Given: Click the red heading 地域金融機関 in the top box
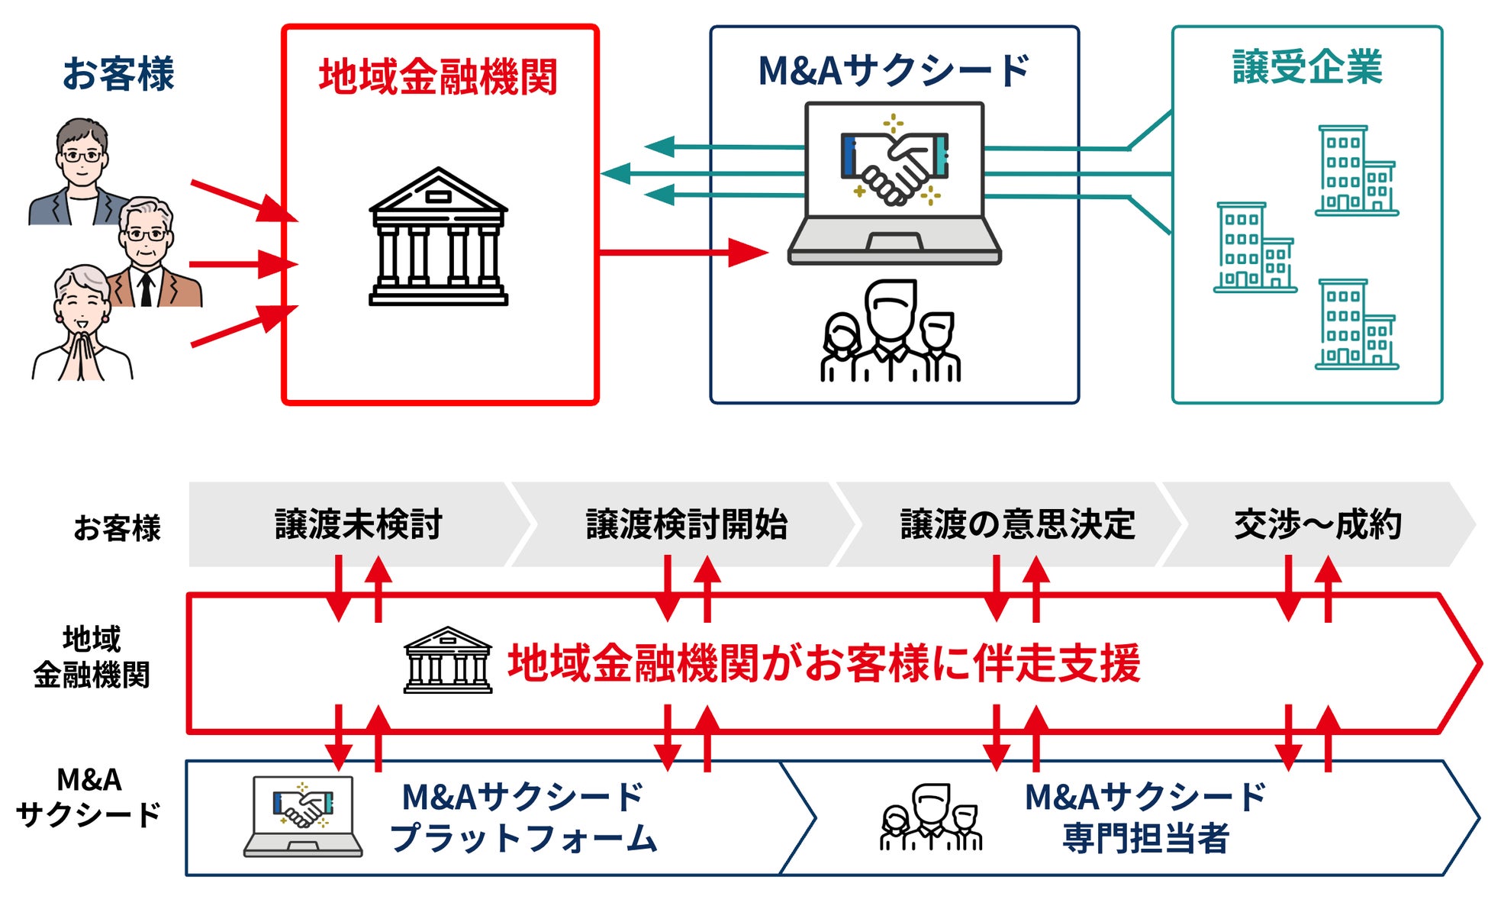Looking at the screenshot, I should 438,77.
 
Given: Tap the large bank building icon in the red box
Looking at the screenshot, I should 438,237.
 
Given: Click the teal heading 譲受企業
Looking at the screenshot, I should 1307,67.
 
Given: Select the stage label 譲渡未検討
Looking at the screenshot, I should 359,524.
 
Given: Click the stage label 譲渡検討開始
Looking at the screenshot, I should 686,524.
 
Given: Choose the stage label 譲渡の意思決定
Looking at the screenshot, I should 1017,524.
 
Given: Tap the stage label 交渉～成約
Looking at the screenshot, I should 1317,524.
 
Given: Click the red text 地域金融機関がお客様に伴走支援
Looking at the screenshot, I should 824,662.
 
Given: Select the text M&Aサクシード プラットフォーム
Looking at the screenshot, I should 523,817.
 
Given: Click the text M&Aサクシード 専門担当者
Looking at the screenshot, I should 1145,817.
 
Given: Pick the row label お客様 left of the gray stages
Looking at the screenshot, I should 117,527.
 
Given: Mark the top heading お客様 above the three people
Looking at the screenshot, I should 118,74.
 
